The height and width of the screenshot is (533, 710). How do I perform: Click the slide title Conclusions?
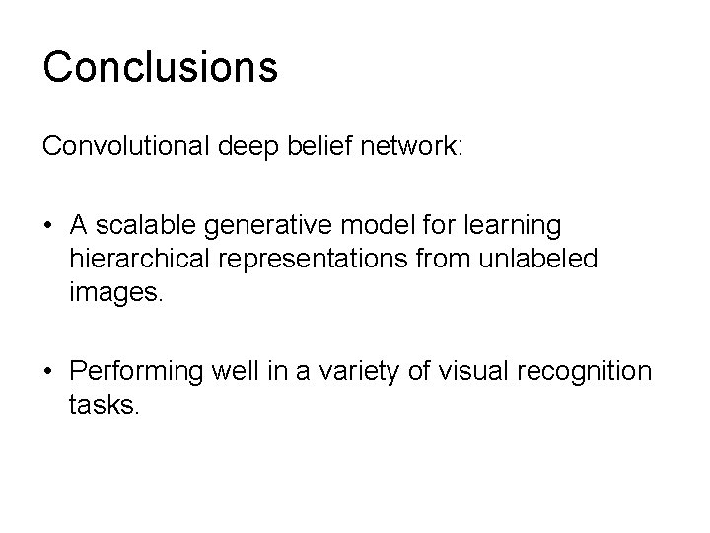[x=160, y=67]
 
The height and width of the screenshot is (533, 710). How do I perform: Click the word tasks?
[x=106, y=403]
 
